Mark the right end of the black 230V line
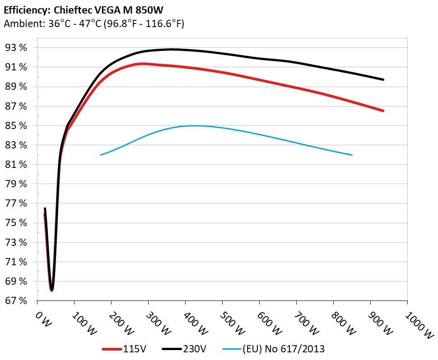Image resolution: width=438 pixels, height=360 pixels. tap(383, 79)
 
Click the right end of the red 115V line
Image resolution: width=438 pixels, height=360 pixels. tap(383, 111)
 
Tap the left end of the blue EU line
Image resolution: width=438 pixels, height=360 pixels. tap(100, 155)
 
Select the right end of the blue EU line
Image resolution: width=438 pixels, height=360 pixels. tap(352, 155)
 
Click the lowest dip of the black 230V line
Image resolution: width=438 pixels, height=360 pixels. tap(52, 289)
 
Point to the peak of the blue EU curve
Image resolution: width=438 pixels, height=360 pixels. tap(194, 125)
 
